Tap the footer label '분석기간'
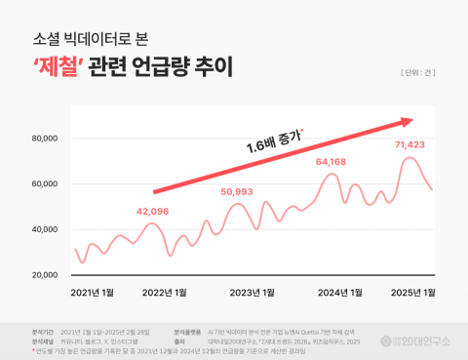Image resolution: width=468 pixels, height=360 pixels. [44, 333]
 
